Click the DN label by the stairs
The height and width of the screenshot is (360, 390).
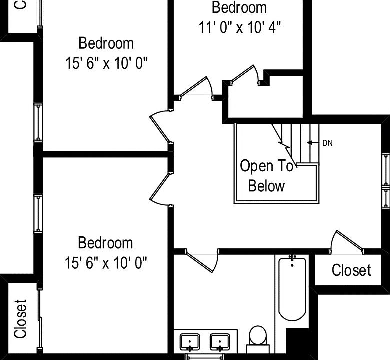click(327, 143)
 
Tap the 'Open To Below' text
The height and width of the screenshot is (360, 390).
click(266, 176)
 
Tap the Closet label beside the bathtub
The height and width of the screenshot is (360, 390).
click(351, 270)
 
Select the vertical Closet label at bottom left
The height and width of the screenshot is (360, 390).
click(20, 319)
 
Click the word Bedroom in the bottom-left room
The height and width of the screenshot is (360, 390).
click(105, 243)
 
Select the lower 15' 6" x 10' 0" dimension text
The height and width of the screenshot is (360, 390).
click(106, 262)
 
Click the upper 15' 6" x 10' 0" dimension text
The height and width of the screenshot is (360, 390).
click(106, 63)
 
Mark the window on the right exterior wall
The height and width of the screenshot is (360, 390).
click(386, 180)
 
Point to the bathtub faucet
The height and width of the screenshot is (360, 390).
click(292, 258)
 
